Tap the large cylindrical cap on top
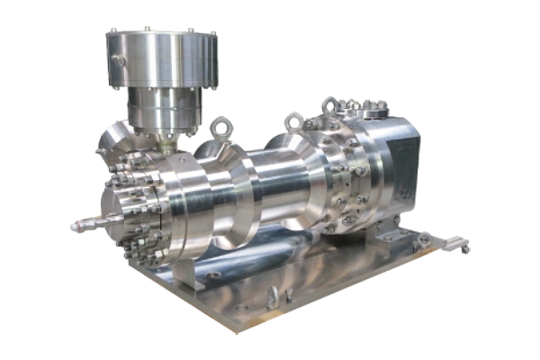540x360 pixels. pos(161,59)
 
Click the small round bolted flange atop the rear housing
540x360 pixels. pos(365,106)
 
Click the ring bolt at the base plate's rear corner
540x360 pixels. pos(424,240)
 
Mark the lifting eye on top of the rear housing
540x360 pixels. pos(329,107)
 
